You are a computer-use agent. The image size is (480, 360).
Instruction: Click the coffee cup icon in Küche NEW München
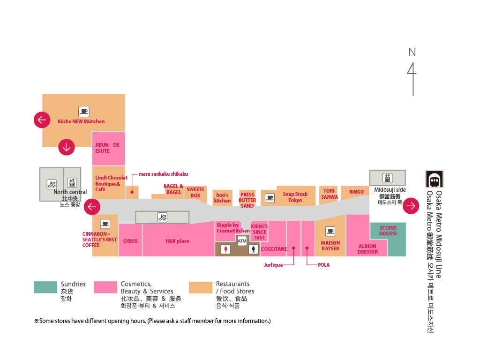click(x=84, y=112)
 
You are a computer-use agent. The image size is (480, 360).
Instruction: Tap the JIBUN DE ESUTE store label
click(x=107, y=148)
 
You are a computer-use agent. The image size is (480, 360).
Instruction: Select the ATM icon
click(x=242, y=241)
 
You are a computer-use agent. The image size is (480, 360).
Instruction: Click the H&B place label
click(x=177, y=241)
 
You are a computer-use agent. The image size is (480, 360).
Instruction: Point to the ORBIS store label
click(x=130, y=241)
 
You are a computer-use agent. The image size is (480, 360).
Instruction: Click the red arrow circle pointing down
click(x=67, y=147)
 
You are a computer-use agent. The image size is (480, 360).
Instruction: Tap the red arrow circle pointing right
click(x=411, y=206)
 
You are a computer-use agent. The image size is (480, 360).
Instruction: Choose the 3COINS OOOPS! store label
click(x=388, y=231)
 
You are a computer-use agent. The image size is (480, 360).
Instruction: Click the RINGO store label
click(x=356, y=192)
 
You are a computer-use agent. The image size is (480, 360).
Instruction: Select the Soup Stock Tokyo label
click(x=295, y=197)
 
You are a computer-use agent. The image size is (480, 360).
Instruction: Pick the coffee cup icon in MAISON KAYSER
click(x=330, y=231)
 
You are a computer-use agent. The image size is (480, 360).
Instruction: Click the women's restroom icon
click(x=226, y=249)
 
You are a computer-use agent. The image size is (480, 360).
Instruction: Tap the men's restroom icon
click(x=254, y=249)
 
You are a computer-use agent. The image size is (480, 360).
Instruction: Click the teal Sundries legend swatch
click(x=45, y=287)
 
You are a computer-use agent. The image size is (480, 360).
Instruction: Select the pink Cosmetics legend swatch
click(x=105, y=287)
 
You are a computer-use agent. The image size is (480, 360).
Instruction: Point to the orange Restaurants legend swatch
click(x=201, y=287)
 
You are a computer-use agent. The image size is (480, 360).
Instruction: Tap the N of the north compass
click(x=412, y=52)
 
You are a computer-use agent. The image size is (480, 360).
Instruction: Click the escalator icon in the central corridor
click(x=162, y=217)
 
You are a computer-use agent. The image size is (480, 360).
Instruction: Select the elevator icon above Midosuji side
click(x=387, y=178)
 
